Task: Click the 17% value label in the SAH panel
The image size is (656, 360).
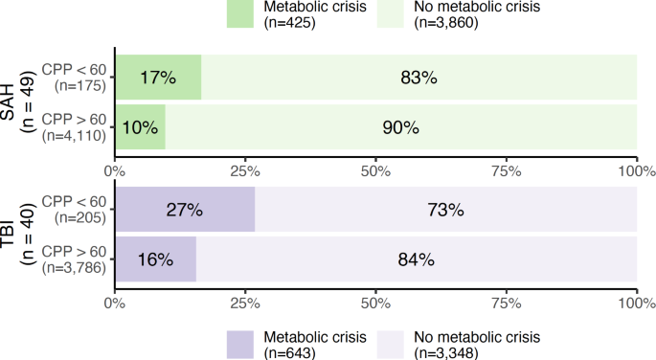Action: [x=157, y=78]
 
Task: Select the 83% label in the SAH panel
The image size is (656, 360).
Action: [x=418, y=78]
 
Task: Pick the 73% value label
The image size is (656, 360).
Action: [x=445, y=210]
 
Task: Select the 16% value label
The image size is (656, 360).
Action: [x=155, y=259]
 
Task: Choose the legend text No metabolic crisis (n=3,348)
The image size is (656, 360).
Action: [x=476, y=345]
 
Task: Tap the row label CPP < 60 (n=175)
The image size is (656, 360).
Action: [x=75, y=78]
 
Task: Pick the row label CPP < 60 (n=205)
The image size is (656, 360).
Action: [x=75, y=210]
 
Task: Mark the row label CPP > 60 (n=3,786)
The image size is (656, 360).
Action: [x=72, y=259]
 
